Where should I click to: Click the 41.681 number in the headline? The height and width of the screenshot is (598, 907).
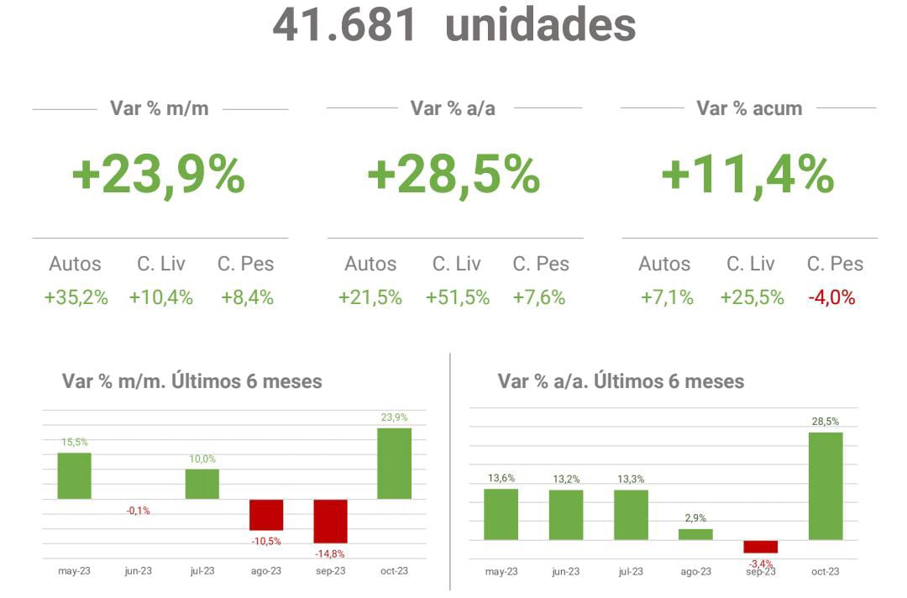point(344,25)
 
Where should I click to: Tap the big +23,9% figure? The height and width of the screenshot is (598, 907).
point(159,176)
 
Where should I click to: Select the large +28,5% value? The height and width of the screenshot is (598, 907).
point(453,176)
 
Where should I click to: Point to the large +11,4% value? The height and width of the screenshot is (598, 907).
point(747,176)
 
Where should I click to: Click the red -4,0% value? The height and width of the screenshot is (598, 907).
point(831,297)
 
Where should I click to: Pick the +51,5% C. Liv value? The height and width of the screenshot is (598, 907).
point(457,297)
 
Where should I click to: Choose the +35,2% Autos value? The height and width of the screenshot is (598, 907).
point(76,297)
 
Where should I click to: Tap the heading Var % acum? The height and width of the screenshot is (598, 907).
point(749,108)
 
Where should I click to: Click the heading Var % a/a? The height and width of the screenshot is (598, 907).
point(453,108)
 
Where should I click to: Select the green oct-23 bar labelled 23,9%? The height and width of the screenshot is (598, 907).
point(394,464)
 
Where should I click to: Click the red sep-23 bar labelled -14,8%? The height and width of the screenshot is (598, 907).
point(330,521)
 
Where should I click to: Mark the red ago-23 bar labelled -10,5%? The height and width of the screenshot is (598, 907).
point(266,514)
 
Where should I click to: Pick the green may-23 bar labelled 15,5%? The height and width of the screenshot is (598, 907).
point(74,476)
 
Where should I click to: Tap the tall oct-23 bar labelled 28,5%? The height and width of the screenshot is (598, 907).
point(825,486)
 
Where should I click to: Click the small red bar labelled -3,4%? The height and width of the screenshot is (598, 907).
point(760,546)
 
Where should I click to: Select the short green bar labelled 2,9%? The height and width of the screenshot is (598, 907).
point(695,534)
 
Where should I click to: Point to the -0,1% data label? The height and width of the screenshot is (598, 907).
point(138,511)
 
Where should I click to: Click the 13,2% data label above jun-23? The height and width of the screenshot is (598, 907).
point(566,479)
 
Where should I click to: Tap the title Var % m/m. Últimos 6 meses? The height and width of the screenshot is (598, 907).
point(191,381)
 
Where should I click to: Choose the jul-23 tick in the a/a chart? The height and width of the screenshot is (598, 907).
point(631,572)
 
